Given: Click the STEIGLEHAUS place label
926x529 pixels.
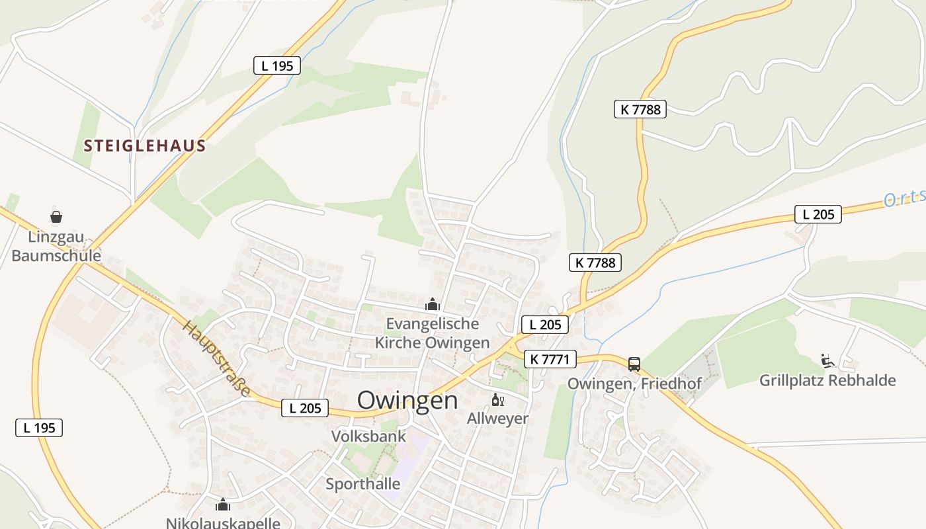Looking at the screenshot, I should (x=145, y=146).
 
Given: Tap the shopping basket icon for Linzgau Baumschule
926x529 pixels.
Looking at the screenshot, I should (x=56, y=216).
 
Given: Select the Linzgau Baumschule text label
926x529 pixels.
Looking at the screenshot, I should (x=56, y=246).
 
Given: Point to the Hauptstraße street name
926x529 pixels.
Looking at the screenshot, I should (x=217, y=359).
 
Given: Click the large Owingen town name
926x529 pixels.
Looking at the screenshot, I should (x=407, y=400).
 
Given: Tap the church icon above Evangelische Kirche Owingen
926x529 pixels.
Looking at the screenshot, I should (x=433, y=304).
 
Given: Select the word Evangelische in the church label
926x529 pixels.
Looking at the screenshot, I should (x=433, y=324).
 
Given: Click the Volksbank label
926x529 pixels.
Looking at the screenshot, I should (x=368, y=436).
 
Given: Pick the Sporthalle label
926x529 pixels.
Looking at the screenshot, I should (x=363, y=484).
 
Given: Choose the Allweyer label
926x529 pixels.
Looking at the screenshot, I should (x=498, y=419).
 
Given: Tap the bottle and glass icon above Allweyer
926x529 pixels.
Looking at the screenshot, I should (x=498, y=400).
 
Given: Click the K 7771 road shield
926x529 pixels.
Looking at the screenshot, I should (x=550, y=360).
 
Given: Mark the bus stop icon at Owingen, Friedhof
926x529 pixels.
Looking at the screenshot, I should (x=634, y=364).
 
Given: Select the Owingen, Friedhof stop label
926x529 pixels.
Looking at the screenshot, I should (x=634, y=384).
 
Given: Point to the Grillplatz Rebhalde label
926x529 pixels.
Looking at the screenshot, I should (x=827, y=381).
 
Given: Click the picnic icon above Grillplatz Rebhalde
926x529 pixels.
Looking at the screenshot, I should (x=827, y=360).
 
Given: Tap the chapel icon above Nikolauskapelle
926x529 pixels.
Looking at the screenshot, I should (x=223, y=505).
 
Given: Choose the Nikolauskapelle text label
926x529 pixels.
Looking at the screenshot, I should (x=223, y=523).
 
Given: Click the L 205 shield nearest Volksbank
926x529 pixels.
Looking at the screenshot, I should (x=305, y=409).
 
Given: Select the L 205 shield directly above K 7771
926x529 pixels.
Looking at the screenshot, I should (x=545, y=325).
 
